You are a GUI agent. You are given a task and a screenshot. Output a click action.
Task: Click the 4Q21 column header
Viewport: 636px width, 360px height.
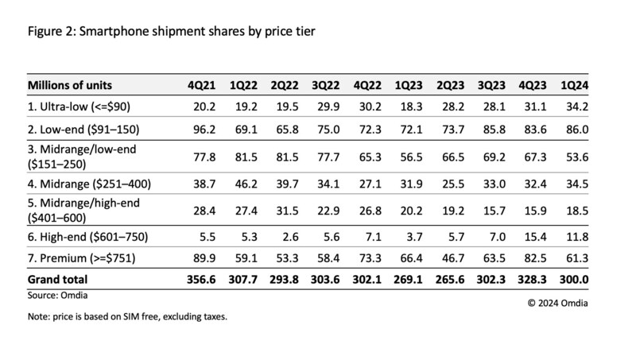click(x=199, y=85)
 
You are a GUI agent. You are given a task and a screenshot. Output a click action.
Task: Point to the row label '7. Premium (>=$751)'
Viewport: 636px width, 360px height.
click(x=77, y=258)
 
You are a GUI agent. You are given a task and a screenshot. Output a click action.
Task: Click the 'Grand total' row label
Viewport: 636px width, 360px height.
click(x=57, y=279)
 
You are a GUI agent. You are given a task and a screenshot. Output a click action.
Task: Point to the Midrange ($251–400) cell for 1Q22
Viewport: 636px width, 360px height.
click(x=244, y=184)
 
